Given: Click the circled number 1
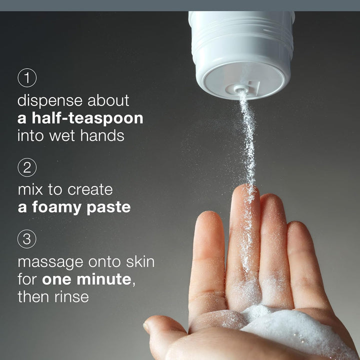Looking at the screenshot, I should [27, 77].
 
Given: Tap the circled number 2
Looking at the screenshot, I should [27, 167].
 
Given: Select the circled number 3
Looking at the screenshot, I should [27, 239].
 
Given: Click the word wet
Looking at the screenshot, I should [64, 135].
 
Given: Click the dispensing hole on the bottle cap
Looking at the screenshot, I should [240, 90].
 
